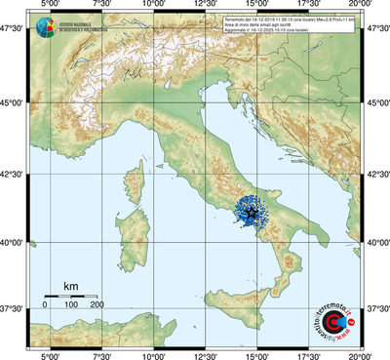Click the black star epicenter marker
pyautogui.click(x=253, y=213)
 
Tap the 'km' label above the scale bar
pyautogui.click(x=70, y=286)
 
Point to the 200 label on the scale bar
pyautogui.click(x=97, y=304)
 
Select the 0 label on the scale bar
pyautogui.click(x=45, y=304)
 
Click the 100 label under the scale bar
pyautogui.click(x=71, y=304)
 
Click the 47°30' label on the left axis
pyautogui.click(x=13, y=31)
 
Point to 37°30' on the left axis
pyautogui.click(x=13, y=308)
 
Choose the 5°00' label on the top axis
pyautogui.click(x=48, y=7)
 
